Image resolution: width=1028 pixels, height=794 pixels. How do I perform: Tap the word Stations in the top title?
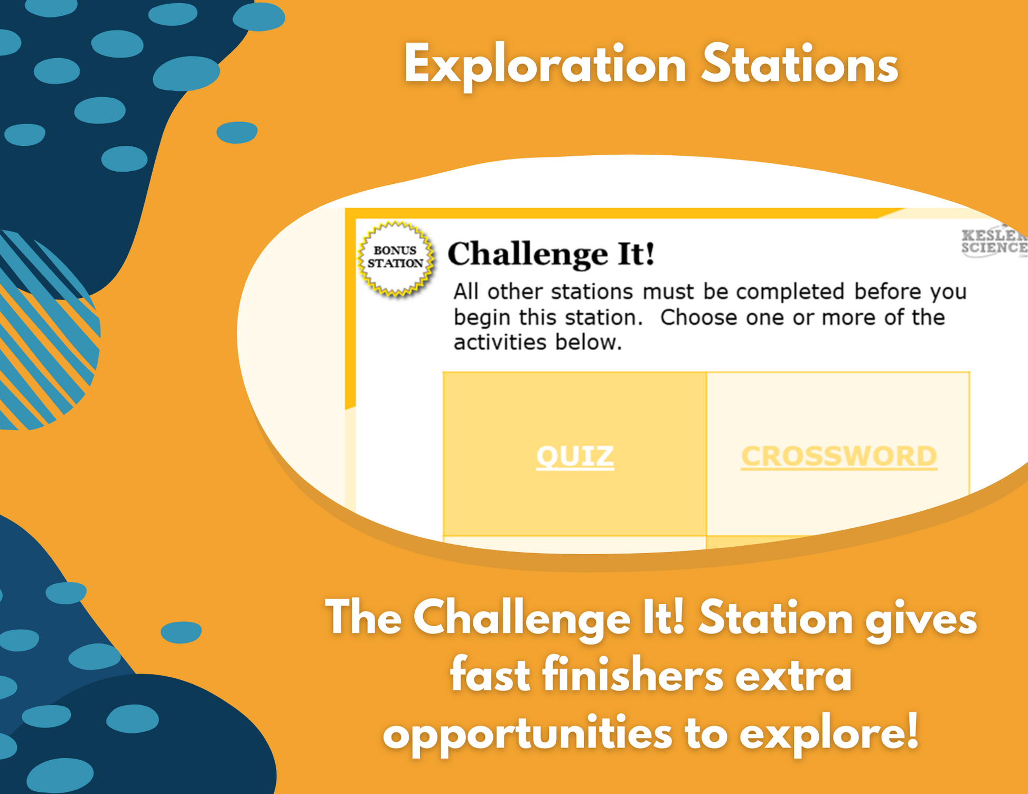[x=799, y=65]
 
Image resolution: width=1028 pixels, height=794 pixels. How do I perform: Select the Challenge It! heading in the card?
[x=551, y=254]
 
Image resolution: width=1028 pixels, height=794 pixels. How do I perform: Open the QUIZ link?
[x=575, y=456]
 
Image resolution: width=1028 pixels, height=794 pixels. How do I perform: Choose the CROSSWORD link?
[x=839, y=456]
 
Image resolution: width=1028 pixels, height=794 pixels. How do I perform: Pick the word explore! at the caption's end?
[x=829, y=732]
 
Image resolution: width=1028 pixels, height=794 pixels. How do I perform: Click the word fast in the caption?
[x=490, y=676]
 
